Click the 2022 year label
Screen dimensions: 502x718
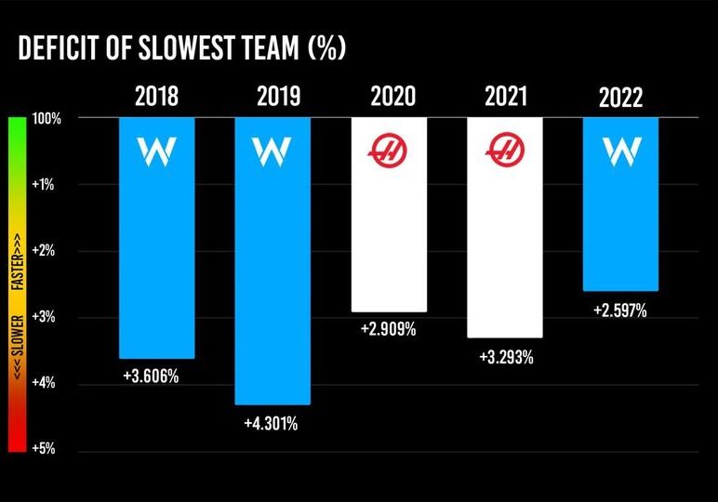click(620, 98)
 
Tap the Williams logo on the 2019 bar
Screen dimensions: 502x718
click(272, 149)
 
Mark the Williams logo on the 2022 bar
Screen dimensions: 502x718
click(620, 149)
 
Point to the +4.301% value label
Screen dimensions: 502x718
click(271, 424)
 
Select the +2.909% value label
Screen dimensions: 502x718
click(387, 331)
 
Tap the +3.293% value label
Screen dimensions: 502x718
click(505, 357)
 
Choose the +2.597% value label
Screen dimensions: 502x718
click(620, 310)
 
